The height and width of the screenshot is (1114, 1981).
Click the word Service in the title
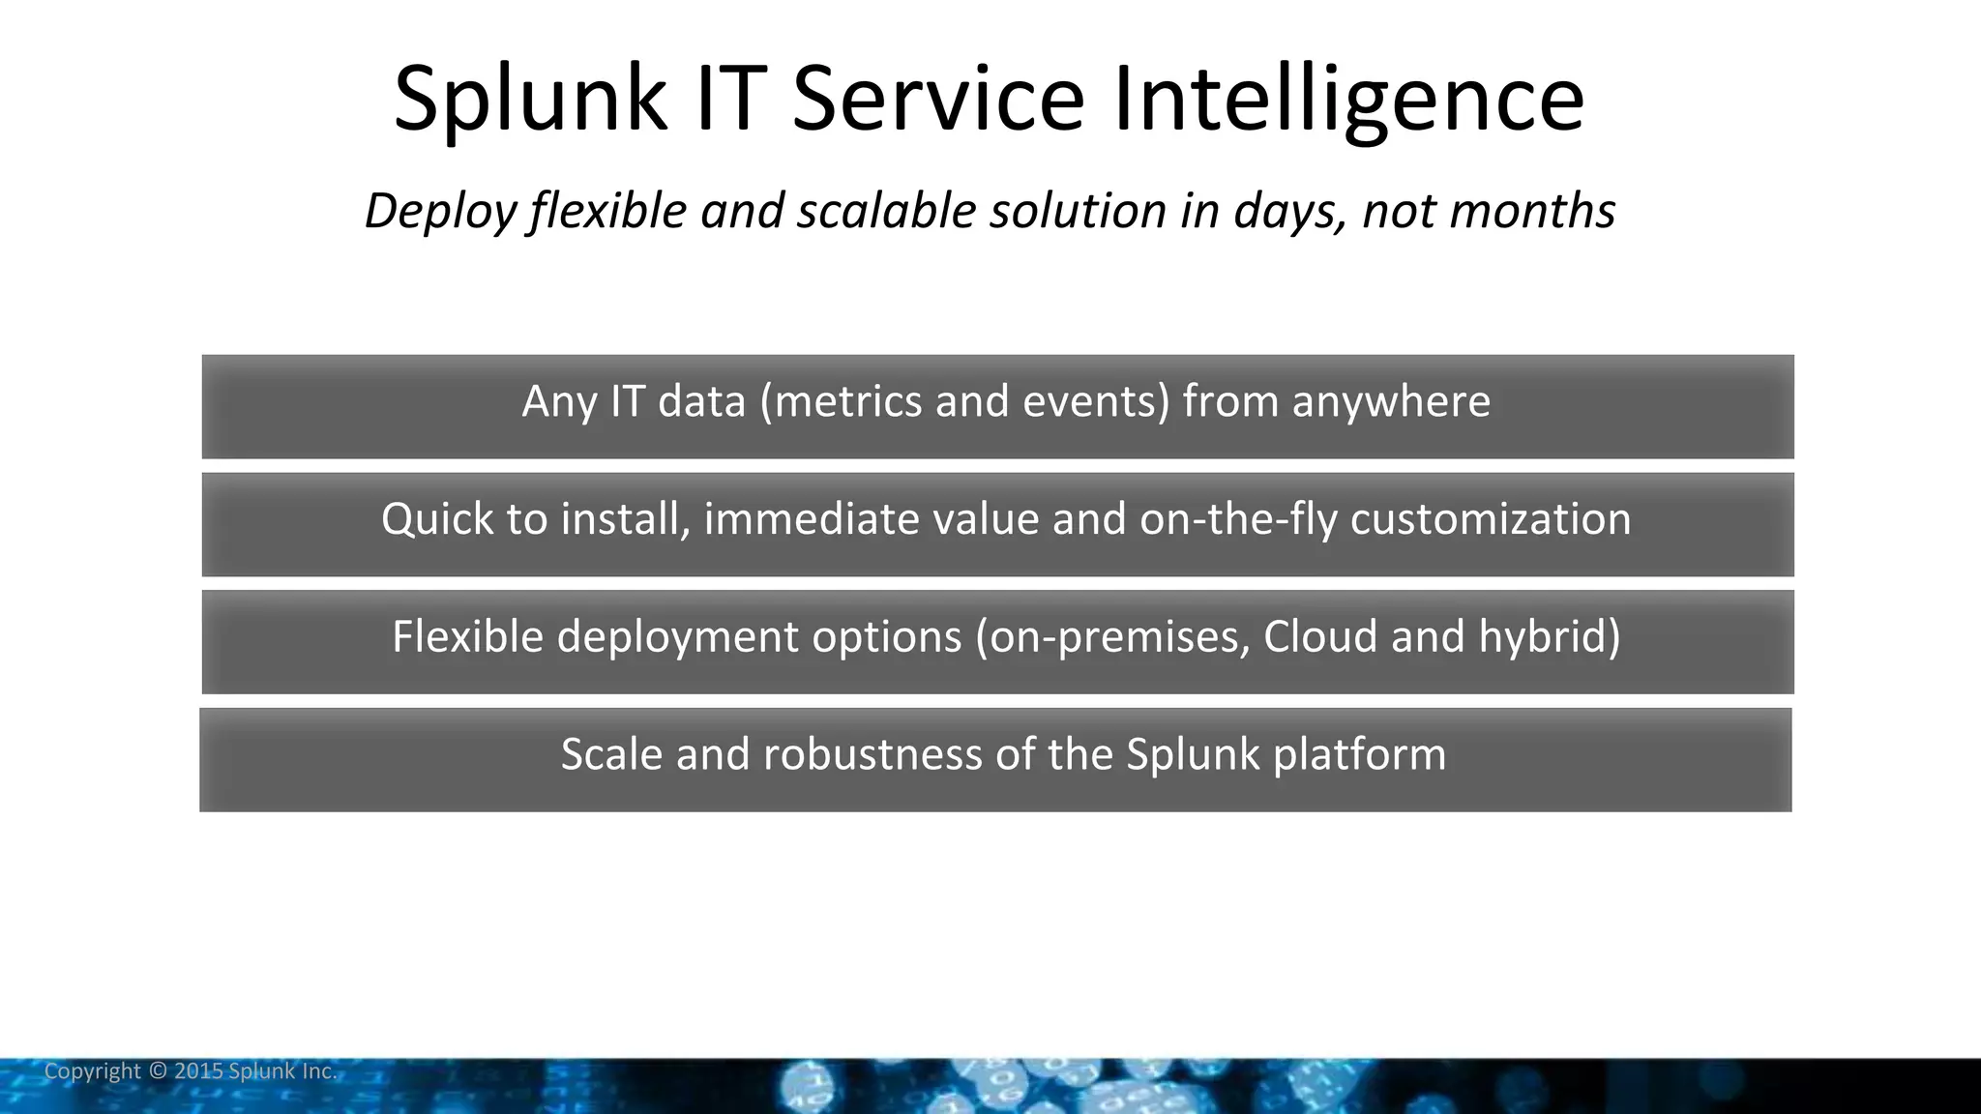[938, 99]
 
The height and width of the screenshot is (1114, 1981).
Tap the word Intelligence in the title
[1348, 99]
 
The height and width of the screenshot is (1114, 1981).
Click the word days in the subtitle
[1289, 211]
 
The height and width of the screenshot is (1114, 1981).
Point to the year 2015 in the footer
[198, 1071]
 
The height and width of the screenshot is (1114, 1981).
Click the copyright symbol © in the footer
[158, 1071]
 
